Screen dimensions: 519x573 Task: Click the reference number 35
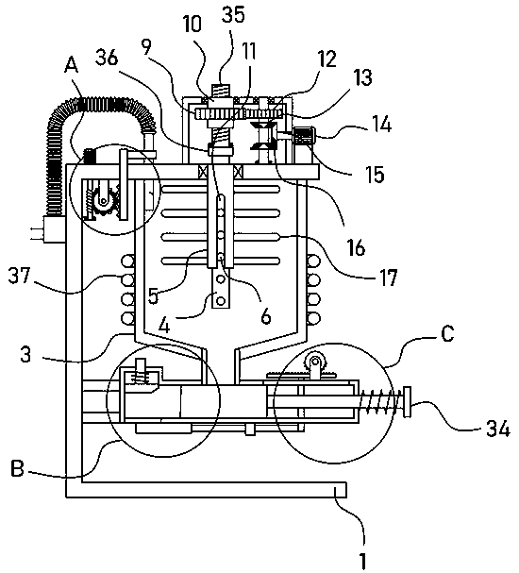pyautogui.click(x=233, y=15)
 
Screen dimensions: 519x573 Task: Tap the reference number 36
pyautogui.click(x=107, y=58)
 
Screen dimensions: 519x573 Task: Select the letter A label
pyautogui.click(x=71, y=66)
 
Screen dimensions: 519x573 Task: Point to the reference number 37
pyautogui.click(x=20, y=276)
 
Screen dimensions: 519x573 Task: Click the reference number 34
pyautogui.click(x=498, y=429)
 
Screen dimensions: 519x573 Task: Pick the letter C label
pyautogui.click(x=447, y=333)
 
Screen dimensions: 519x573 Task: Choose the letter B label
pyautogui.click(x=18, y=468)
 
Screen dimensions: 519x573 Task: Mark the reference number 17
pyautogui.click(x=388, y=278)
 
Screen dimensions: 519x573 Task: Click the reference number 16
pyautogui.click(x=355, y=247)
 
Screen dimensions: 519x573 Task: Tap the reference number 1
pyautogui.click(x=362, y=560)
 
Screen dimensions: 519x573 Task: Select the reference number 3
pyautogui.click(x=25, y=354)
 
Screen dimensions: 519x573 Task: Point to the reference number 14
pyautogui.click(x=381, y=124)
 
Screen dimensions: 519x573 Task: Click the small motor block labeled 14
pyautogui.click(x=304, y=136)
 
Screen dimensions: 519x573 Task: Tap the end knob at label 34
pyautogui.click(x=407, y=402)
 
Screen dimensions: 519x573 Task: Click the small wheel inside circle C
pyautogui.click(x=314, y=362)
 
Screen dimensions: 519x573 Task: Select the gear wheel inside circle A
pyautogui.click(x=105, y=201)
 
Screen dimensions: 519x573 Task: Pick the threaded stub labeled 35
pyautogui.click(x=220, y=91)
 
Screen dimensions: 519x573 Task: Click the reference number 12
pyautogui.click(x=327, y=59)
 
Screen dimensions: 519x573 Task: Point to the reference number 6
pyautogui.click(x=266, y=315)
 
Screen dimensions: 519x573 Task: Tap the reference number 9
pyautogui.click(x=147, y=47)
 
